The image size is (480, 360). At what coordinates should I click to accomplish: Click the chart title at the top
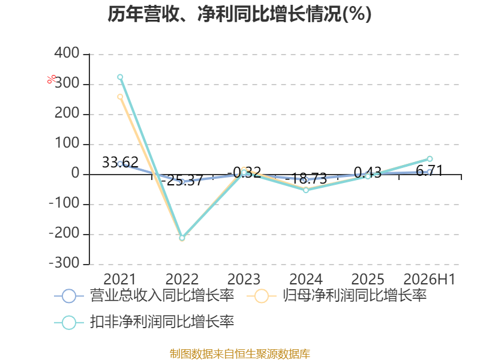click(239, 14)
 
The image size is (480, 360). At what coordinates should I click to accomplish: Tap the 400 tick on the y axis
click(67, 53)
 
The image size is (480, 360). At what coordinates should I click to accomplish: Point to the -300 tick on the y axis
click(64, 263)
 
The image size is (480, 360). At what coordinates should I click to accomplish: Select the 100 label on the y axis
click(67, 143)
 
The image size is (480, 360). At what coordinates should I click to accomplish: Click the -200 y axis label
click(64, 233)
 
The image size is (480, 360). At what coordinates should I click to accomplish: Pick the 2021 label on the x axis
click(119, 279)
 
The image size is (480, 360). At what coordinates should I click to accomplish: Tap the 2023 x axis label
click(244, 279)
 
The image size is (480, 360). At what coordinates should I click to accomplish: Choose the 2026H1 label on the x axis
click(430, 279)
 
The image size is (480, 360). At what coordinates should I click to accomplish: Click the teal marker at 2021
click(120, 77)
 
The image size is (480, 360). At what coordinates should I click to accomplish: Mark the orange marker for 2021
click(120, 97)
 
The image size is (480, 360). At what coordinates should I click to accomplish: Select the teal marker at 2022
click(182, 238)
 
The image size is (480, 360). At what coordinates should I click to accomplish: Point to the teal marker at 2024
click(306, 190)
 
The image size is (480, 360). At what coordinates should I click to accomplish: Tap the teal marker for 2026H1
click(430, 159)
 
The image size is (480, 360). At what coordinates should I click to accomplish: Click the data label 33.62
click(120, 162)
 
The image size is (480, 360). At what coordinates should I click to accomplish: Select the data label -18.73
click(306, 178)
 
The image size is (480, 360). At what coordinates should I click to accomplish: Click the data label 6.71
click(430, 170)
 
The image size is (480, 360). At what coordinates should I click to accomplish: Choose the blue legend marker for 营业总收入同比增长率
click(69, 296)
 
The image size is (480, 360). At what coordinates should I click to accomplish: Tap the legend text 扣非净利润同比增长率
click(162, 322)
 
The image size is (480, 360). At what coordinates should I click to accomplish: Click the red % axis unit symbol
click(52, 79)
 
